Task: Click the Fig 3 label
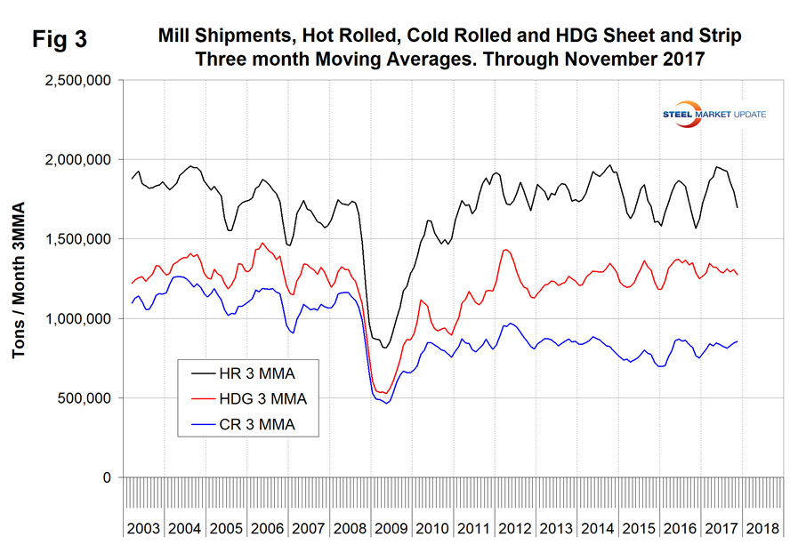coord(64,39)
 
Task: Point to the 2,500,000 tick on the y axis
coord(77,80)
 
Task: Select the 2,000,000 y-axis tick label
coord(77,160)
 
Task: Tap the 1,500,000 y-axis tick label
coord(77,239)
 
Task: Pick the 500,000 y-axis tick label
coord(85,398)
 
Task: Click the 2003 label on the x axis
coord(143,528)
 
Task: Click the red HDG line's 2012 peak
coord(506,250)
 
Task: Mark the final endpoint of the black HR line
coord(738,207)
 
